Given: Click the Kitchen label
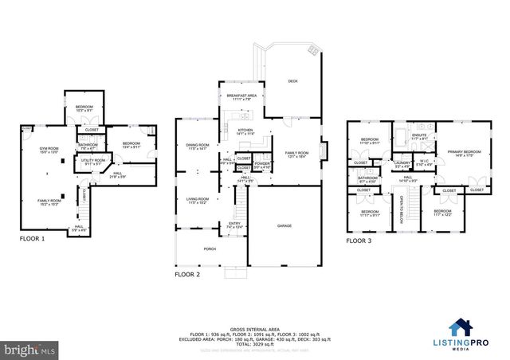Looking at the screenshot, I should [245, 132].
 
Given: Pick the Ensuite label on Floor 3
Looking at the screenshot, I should [418, 136].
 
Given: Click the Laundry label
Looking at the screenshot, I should [402, 164].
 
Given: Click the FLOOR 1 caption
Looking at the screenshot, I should [33, 238].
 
